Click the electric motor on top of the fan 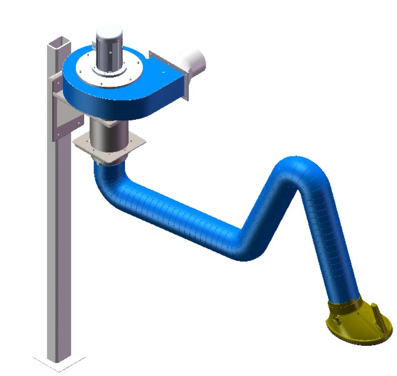pos(109,51)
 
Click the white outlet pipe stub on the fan pos(196,61)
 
